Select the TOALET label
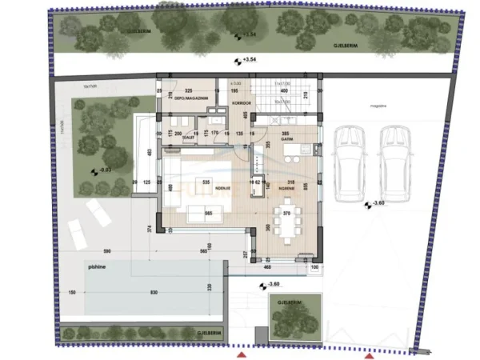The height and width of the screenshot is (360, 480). click(x=189, y=138)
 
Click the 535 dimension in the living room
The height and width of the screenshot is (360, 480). click(x=206, y=182)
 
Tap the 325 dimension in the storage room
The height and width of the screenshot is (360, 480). click(x=190, y=92)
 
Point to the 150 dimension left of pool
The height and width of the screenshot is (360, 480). click(x=73, y=294)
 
